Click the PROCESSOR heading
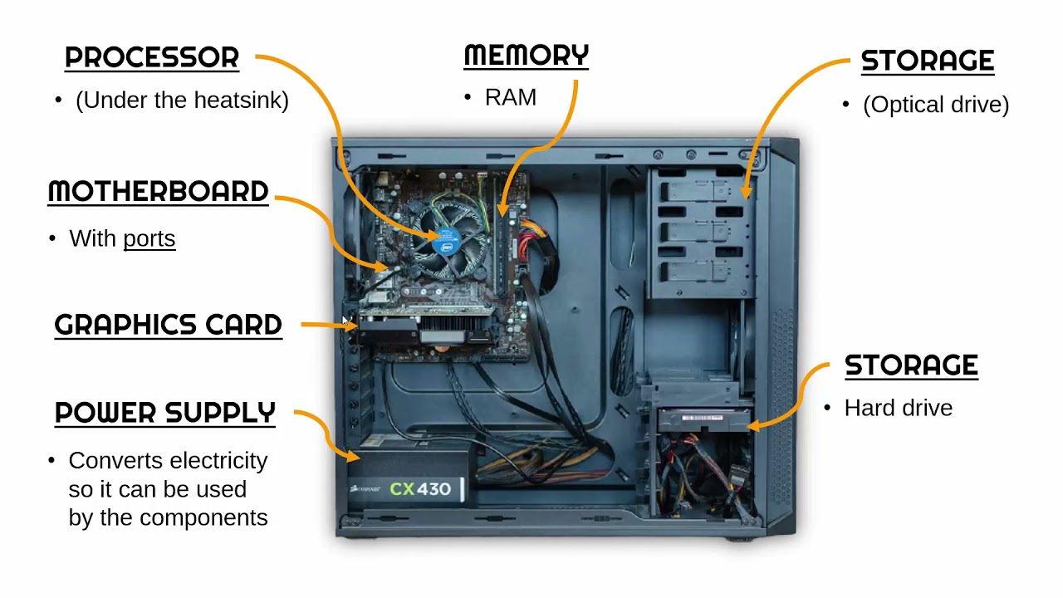(x=152, y=58)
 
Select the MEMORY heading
(x=526, y=56)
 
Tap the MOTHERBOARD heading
(x=158, y=192)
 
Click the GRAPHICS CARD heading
(x=168, y=326)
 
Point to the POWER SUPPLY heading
(x=164, y=413)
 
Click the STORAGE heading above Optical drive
(x=927, y=61)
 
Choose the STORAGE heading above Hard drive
(x=911, y=365)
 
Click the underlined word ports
(x=149, y=239)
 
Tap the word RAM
(x=511, y=98)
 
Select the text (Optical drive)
(x=936, y=105)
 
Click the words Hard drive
(x=898, y=409)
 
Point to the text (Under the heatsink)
(x=182, y=100)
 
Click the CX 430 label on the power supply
(x=420, y=489)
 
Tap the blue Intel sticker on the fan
(x=448, y=247)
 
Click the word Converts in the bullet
(x=111, y=461)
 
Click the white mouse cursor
(x=346, y=322)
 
